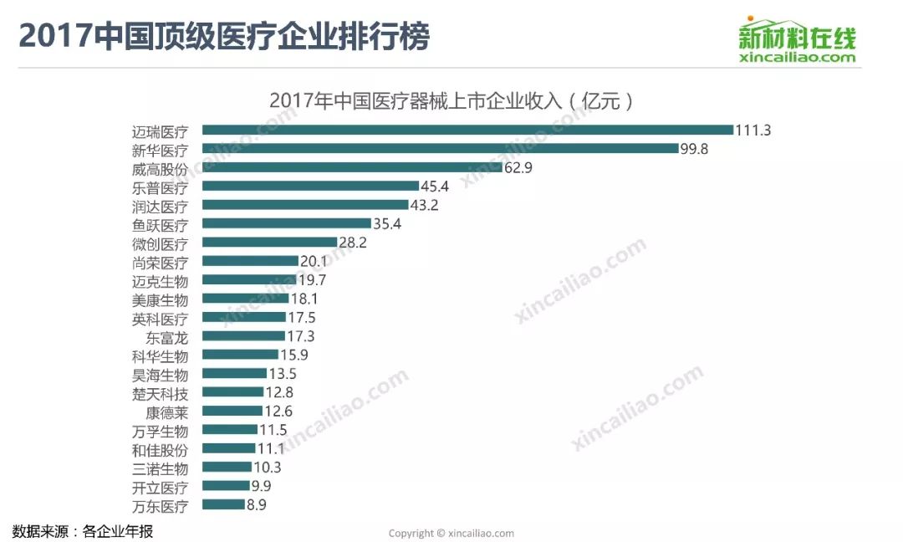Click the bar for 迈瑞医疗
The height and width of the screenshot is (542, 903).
pyautogui.click(x=467, y=130)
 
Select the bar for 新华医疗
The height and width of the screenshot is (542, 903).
pyautogui.click(x=440, y=148)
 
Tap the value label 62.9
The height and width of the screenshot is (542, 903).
pyautogui.click(x=518, y=167)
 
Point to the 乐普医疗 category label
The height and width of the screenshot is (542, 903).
pyautogui.click(x=161, y=187)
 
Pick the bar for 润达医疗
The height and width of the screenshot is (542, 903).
pyautogui.click(x=305, y=205)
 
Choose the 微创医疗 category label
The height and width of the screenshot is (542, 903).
pyautogui.click(x=161, y=243)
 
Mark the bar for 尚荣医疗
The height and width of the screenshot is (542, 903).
pyautogui.click(x=250, y=261)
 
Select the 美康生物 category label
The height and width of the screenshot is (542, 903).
pyautogui.click(x=161, y=299)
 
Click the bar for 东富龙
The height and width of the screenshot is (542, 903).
pyautogui.click(x=243, y=336)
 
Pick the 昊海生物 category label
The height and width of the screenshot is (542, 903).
pyautogui.click(x=161, y=375)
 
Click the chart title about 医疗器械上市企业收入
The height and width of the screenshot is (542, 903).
pyautogui.click(x=451, y=101)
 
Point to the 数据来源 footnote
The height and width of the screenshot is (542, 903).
pyautogui.click(x=83, y=531)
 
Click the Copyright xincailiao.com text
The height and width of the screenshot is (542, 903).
pyautogui.click(x=451, y=533)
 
